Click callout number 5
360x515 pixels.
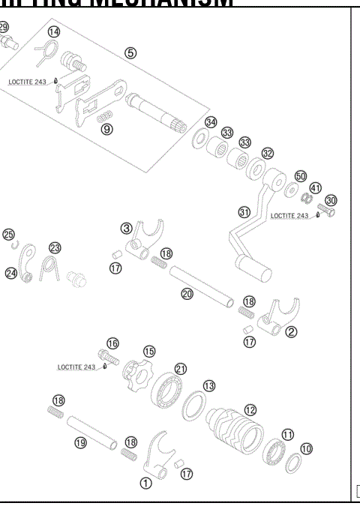(130, 54)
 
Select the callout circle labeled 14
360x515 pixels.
(53, 31)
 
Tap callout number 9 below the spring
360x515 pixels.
(107, 128)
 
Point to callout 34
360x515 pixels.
(211, 122)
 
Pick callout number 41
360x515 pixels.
(316, 187)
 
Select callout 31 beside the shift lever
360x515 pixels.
(244, 212)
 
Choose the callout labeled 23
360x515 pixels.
(54, 247)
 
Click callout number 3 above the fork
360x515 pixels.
(127, 227)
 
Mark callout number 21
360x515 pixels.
(180, 368)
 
